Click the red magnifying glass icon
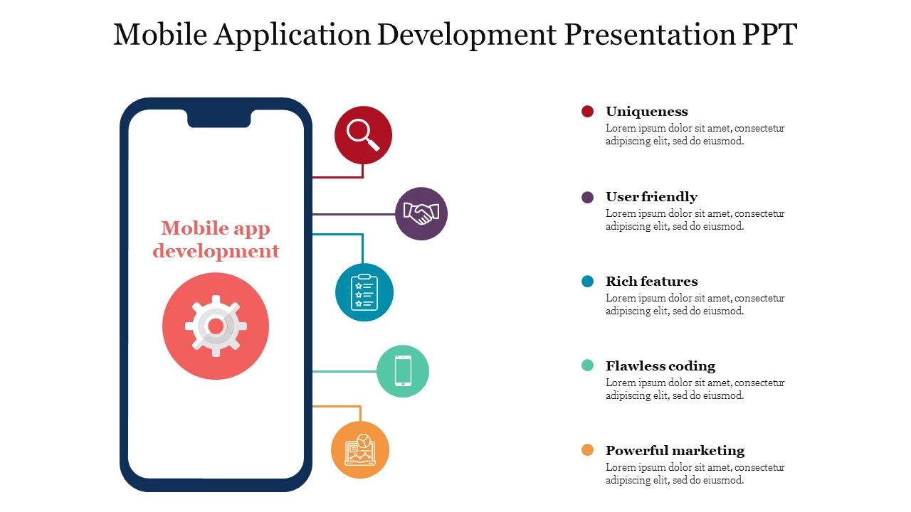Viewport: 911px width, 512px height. [363, 135]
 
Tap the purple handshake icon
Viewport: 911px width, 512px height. [421, 214]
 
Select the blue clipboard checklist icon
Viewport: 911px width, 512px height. [364, 292]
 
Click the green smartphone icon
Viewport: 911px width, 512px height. [403, 371]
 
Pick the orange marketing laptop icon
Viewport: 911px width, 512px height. [360, 450]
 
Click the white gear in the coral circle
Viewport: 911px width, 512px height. [216, 326]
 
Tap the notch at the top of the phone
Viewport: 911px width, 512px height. [218, 118]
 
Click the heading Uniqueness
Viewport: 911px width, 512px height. [647, 112]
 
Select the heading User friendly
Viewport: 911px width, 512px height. [651, 197]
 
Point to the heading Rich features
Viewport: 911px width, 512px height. [651, 281]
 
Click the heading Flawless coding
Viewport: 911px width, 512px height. [660, 366]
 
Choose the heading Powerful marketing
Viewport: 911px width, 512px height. [675, 451]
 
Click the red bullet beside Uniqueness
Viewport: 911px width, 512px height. [587, 112]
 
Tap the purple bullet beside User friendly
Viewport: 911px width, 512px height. [587, 198]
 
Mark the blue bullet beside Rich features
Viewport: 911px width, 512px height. [587, 281]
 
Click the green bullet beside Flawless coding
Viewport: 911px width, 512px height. [587, 366]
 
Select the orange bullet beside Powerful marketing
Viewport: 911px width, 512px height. [587, 450]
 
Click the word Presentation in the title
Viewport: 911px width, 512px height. [650, 34]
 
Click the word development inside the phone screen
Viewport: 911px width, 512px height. [216, 251]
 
